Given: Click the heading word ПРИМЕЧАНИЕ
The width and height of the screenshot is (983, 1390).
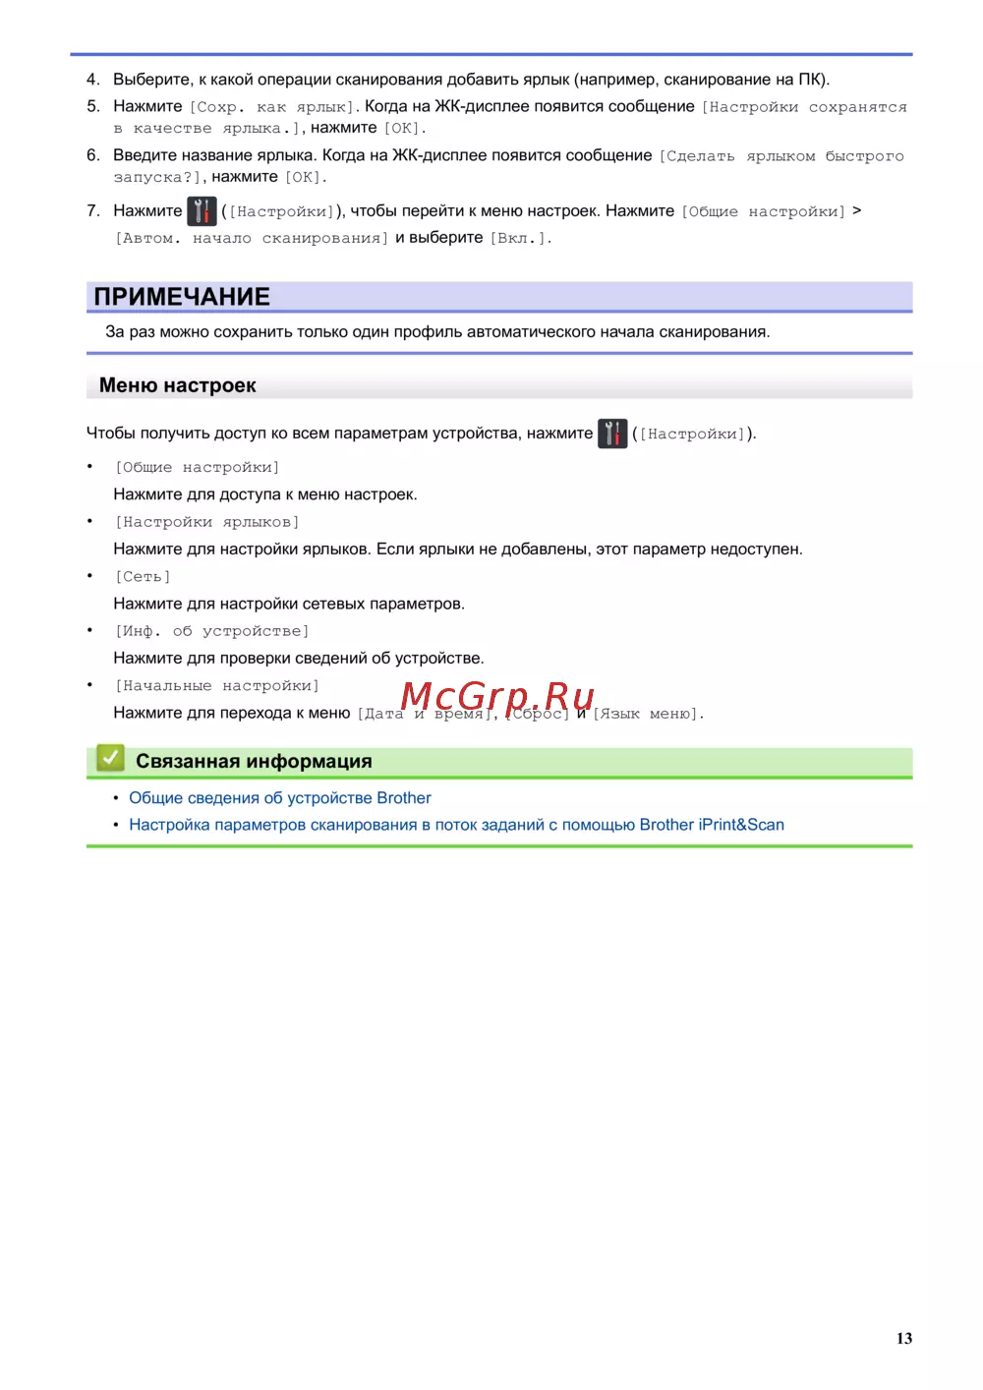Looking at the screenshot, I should tap(182, 297).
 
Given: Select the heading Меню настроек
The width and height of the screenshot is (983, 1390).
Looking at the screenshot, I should tap(177, 385).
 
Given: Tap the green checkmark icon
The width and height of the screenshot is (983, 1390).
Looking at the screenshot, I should tap(110, 758).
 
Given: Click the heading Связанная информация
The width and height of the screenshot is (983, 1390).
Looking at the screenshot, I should tap(254, 761).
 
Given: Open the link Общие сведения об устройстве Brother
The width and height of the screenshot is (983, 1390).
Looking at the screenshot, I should tap(280, 798).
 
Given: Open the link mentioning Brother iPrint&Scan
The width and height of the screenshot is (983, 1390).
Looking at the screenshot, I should tap(456, 825).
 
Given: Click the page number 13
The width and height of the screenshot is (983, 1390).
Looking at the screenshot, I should tap(903, 1338).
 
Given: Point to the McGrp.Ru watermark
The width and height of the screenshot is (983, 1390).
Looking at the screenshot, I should tap(497, 696).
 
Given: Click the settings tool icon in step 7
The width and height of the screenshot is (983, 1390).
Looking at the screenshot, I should tap(202, 211).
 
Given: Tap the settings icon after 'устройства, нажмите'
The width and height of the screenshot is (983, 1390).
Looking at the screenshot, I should tap(612, 434).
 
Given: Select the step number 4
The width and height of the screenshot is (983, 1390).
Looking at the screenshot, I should tap(92, 80).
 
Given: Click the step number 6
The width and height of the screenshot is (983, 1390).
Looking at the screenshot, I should tap(92, 155).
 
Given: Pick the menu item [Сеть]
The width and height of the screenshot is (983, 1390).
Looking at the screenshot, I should tap(143, 577).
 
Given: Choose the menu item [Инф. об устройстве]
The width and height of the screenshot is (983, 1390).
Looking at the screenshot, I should tap(211, 631).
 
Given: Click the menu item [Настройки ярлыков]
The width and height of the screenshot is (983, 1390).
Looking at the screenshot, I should tap(206, 522).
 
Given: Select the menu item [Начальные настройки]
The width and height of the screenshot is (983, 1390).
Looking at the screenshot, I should tap(216, 686).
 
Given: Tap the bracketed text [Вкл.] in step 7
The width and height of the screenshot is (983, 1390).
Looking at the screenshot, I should tap(520, 238).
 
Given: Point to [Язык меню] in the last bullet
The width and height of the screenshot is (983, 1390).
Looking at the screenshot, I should tap(647, 714).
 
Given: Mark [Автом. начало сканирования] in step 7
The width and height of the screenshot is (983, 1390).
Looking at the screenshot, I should tap(251, 238).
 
